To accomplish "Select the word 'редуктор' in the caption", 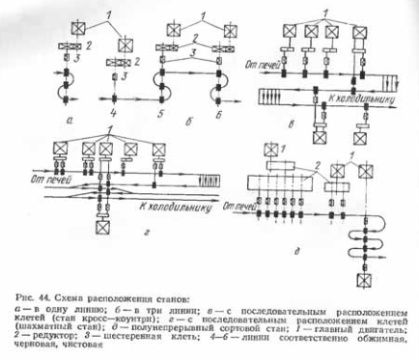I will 26,339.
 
